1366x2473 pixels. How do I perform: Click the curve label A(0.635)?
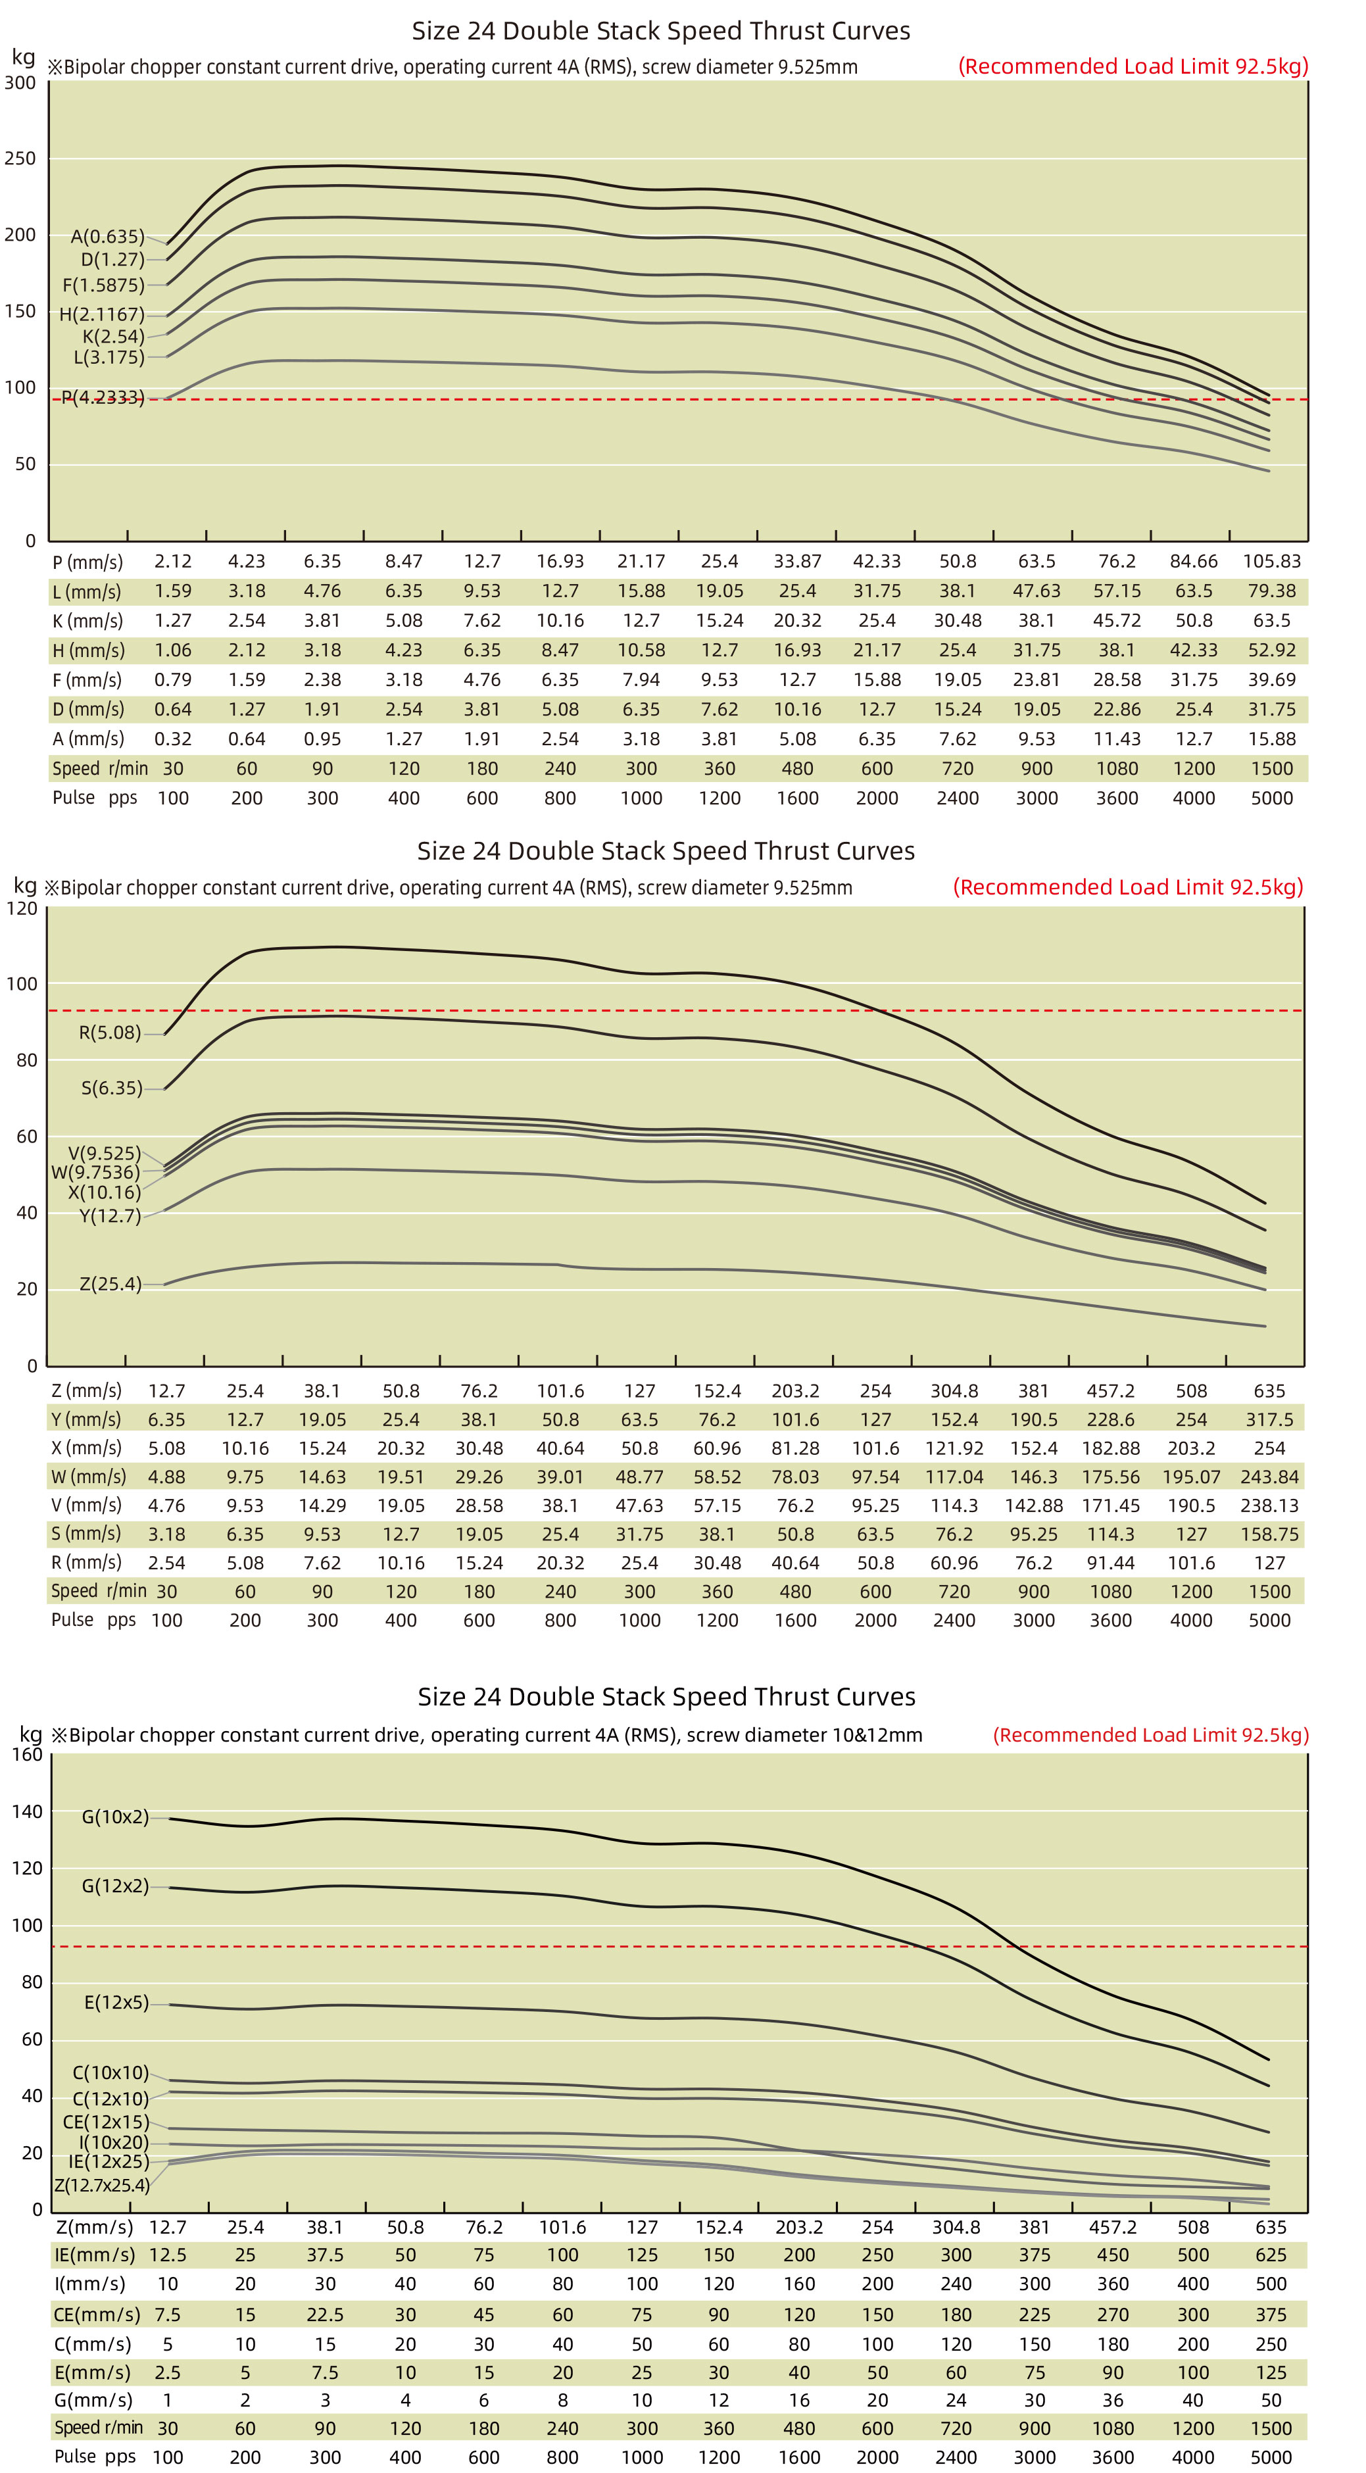pos(107,236)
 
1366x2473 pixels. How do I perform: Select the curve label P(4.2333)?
pos(103,397)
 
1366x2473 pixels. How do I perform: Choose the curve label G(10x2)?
pos(115,1817)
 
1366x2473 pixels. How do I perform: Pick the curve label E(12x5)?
pos(116,2003)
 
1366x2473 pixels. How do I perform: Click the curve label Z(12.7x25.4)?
pos(102,2185)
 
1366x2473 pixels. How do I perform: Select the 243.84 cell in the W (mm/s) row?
pos(1269,1477)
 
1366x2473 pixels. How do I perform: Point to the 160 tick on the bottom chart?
pos(27,1754)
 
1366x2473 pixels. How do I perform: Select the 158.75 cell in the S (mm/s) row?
pos(1269,1534)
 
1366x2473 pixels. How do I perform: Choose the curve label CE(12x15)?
pos(106,2122)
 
